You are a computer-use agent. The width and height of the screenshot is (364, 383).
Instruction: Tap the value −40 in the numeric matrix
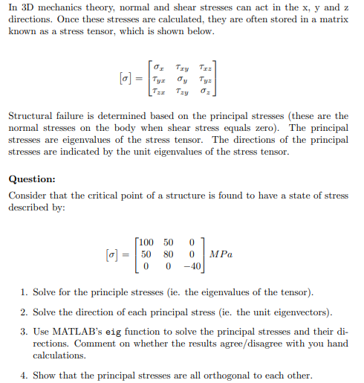[192, 265]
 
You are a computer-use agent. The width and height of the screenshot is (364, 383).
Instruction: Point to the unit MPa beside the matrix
[221, 254]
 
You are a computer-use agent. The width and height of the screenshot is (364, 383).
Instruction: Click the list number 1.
[25, 291]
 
